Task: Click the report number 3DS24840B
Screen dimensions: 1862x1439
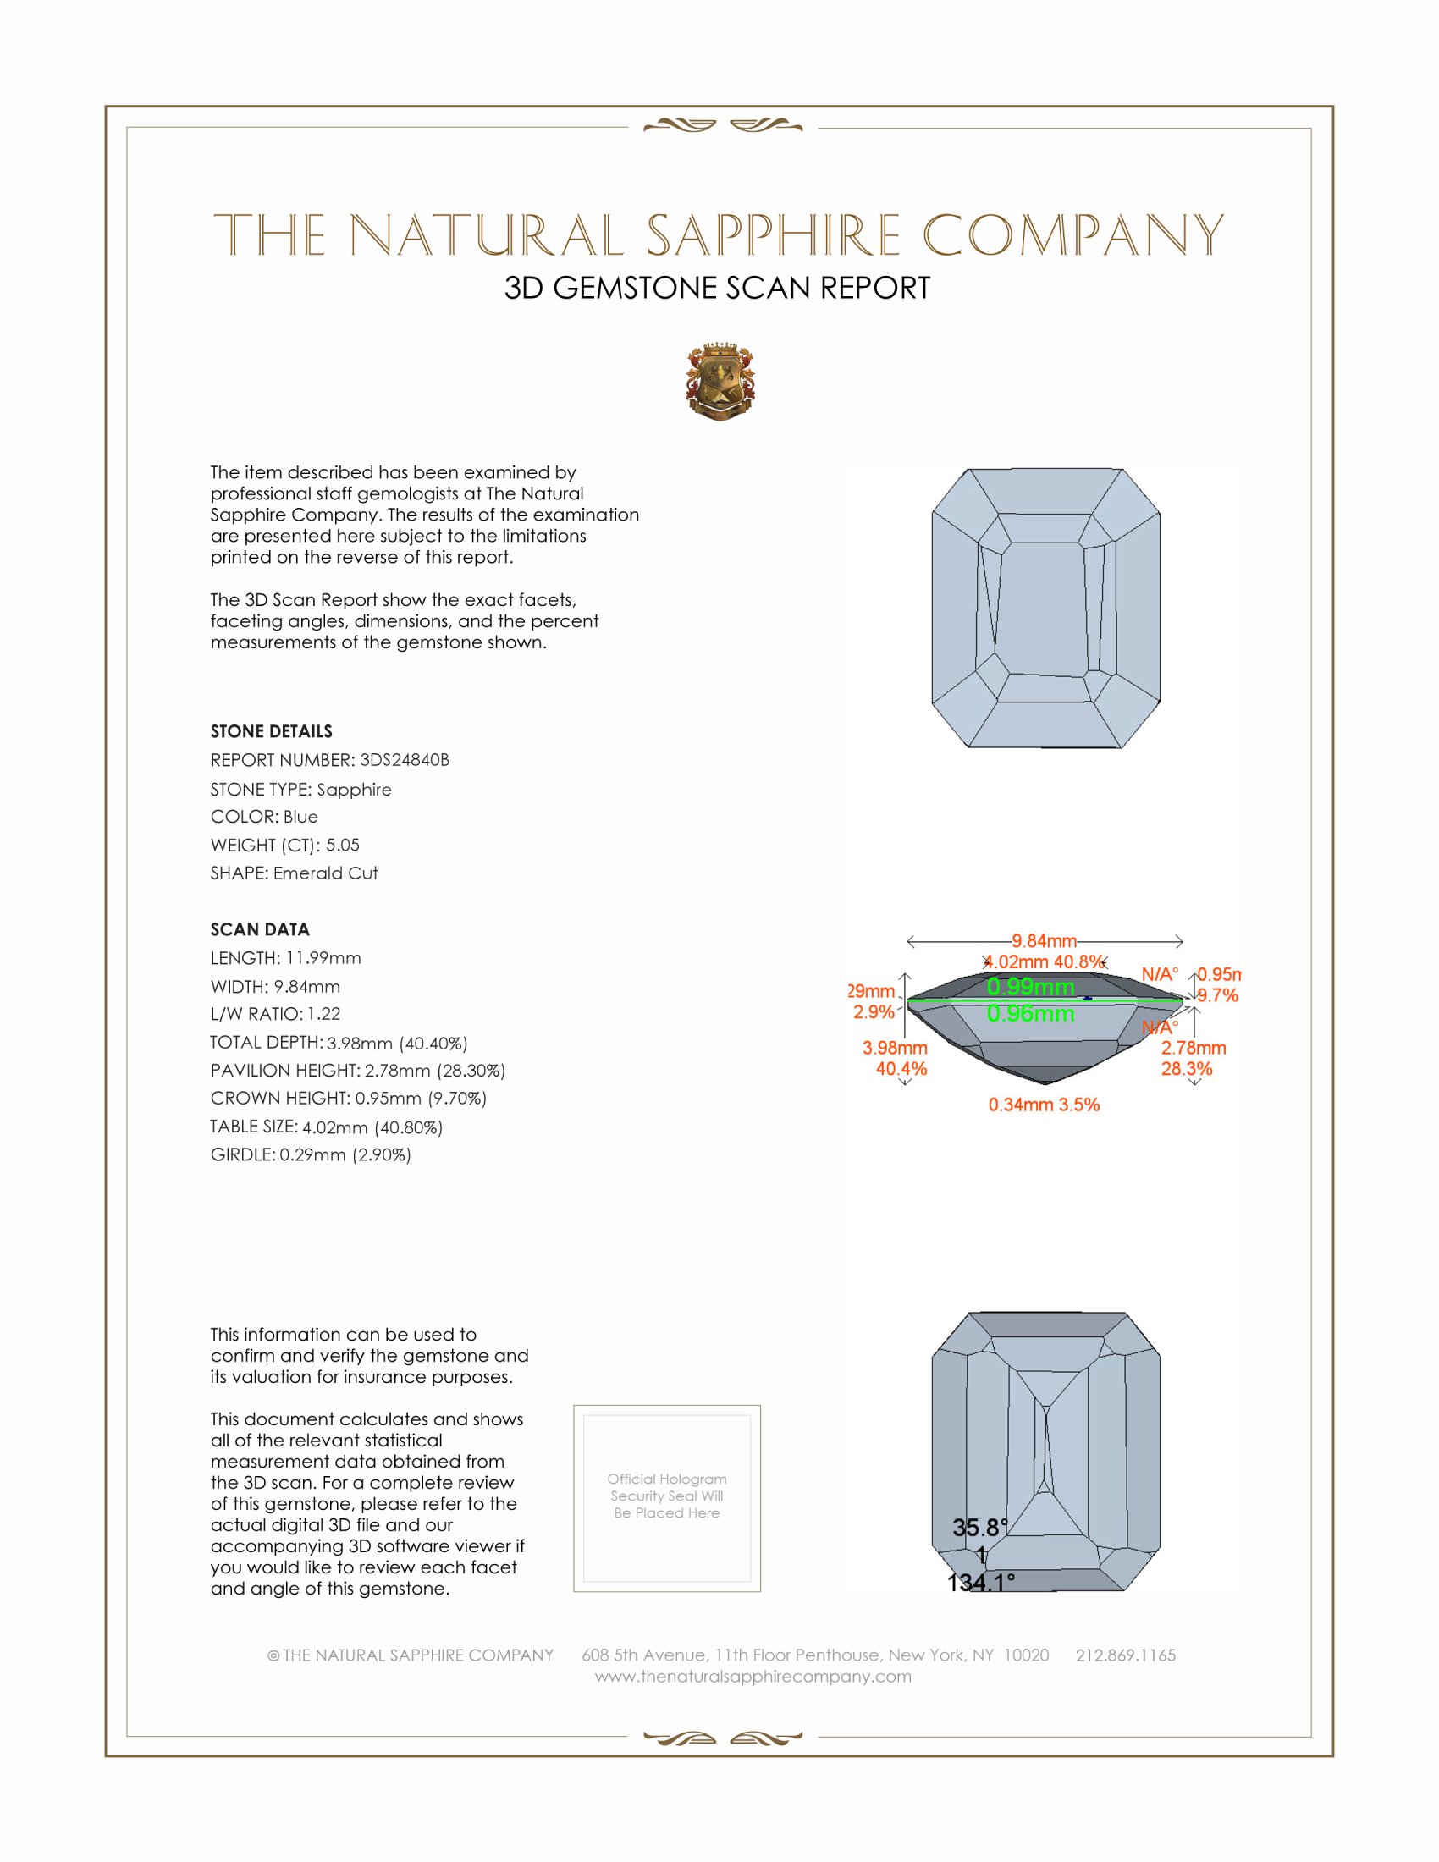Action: pos(404,760)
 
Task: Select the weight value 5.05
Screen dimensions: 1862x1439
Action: pos(343,845)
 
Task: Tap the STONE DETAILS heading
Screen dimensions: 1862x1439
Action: pos(271,731)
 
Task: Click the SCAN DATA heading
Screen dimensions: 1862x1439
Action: pos(260,929)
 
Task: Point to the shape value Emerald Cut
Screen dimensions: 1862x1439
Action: pos(325,873)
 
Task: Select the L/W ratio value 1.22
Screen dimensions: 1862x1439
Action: pos(324,1014)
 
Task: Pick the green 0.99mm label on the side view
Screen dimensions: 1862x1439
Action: pos(1031,986)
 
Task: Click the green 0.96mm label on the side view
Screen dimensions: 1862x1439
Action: pos(1031,1014)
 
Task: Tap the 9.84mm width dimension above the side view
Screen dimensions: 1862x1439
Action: pos(1045,941)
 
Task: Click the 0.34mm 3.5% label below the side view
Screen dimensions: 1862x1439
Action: pos(1044,1105)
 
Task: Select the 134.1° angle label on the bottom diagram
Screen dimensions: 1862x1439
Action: pos(980,1584)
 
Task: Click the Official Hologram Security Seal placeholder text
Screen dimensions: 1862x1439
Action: pos(667,1496)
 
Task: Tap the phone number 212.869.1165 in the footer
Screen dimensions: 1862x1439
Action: pos(1125,1655)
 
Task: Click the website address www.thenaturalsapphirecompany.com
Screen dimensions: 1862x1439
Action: pos(753,1676)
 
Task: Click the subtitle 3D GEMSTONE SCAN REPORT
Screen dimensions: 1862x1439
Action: pos(717,288)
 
